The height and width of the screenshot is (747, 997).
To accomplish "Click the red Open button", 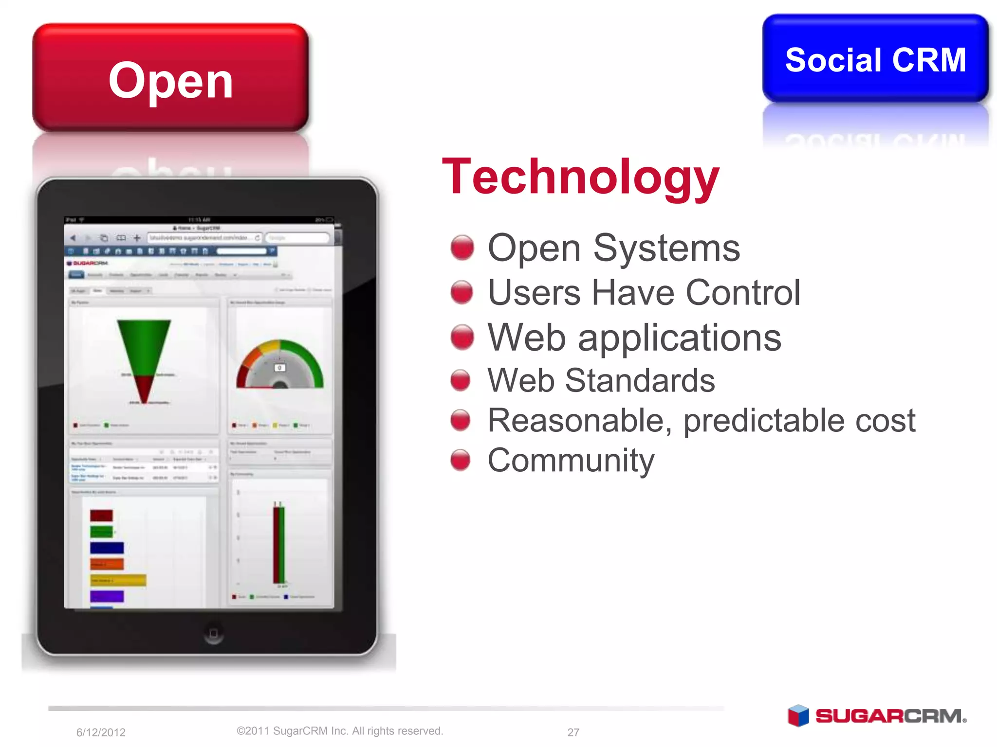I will pyautogui.click(x=170, y=78).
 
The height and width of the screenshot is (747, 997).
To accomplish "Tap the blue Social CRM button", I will pyautogui.click(x=875, y=59).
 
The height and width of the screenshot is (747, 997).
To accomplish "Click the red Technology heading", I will pyautogui.click(x=580, y=177).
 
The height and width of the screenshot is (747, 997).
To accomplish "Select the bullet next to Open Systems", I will pyautogui.click(x=462, y=248).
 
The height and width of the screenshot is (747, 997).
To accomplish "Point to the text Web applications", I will pyautogui.click(x=634, y=338).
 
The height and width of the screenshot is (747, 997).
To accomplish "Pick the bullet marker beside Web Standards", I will pyautogui.click(x=461, y=380).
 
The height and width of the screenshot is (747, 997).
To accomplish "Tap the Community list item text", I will pyautogui.click(x=571, y=460).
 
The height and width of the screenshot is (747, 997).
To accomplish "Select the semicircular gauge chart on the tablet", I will pyautogui.click(x=280, y=365).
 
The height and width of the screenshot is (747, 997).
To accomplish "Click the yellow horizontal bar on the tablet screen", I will pyautogui.click(x=118, y=580).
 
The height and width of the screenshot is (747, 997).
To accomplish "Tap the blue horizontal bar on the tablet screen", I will pyautogui.click(x=107, y=548).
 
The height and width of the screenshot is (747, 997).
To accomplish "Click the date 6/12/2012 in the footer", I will pyautogui.click(x=101, y=732).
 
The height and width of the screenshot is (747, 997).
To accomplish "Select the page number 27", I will pyautogui.click(x=573, y=732).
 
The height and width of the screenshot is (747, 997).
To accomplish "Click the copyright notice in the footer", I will pyautogui.click(x=340, y=731).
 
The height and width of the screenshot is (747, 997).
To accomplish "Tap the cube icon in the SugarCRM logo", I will pyautogui.click(x=798, y=716).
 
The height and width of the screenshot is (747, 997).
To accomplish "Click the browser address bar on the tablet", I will pyautogui.click(x=204, y=238).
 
